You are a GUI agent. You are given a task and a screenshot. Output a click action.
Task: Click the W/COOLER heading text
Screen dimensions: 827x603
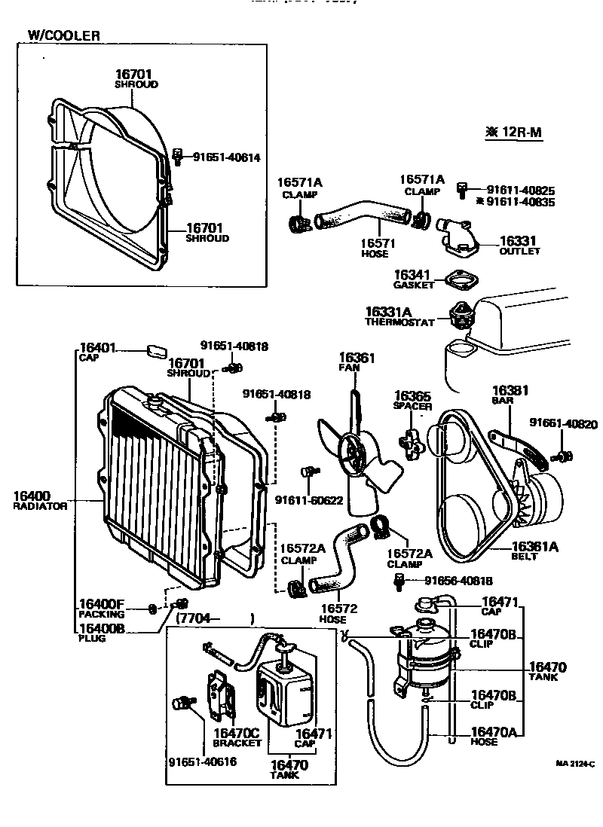pyautogui.click(x=63, y=35)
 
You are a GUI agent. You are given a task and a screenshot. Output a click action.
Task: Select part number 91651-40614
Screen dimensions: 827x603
pyautogui.click(x=226, y=157)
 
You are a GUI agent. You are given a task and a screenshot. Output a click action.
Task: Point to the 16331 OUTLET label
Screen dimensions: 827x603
pyautogui.click(x=519, y=246)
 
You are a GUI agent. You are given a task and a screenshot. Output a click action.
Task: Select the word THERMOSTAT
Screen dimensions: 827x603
pyautogui.click(x=399, y=322)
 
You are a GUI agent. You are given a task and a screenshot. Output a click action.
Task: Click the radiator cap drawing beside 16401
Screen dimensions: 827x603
pyautogui.click(x=156, y=350)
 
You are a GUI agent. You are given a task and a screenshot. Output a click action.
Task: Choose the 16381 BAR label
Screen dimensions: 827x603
pyautogui.click(x=510, y=395)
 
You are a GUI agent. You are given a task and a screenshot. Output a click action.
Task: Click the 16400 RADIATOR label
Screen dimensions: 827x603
pyautogui.click(x=40, y=501)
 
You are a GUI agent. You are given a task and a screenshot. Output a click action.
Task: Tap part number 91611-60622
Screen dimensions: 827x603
pyautogui.click(x=308, y=500)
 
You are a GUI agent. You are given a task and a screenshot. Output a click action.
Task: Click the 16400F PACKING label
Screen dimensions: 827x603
pyautogui.click(x=102, y=609)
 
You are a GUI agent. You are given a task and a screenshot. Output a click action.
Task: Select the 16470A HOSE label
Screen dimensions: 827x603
pyautogui.click(x=494, y=735)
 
